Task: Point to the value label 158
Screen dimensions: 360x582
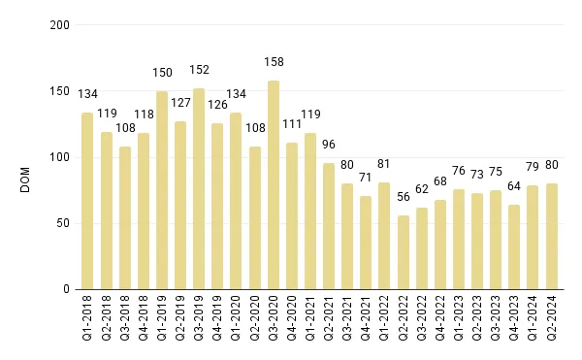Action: [274, 63]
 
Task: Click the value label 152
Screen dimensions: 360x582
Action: [199, 68]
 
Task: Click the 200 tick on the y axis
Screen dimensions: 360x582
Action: [60, 25]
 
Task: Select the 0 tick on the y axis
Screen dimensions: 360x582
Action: [67, 289]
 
